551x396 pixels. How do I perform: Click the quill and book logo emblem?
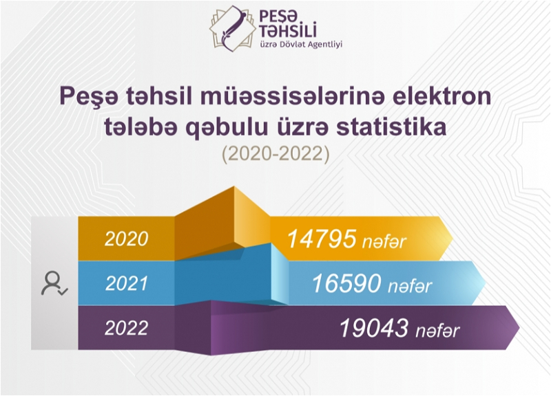pyautogui.click(x=233, y=29)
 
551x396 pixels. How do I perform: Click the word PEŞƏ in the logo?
pyautogui.click(x=278, y=15)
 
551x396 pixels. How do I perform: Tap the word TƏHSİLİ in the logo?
pyautogui.click(x=288, y=30)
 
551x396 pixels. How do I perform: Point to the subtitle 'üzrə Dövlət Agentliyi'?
pyautogui.click(x=301, y=45)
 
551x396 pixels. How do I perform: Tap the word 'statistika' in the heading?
pyautogui.click(x=391, y=126)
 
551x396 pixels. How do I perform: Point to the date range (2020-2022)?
pyautogui.click(x=275, y=154)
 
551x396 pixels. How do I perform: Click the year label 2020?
pyautogui.click(x=127, y=239)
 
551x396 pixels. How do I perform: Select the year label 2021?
pyautogui.click(x=127, y=283)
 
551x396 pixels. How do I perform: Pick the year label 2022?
pyautogui.click(x=127, y=329)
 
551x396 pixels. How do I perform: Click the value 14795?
pyautogui.click(x=322, y=239)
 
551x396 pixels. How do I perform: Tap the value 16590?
pyautogui.click(x=346, y=284)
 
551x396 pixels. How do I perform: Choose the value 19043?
pyautogui.click(x=374, y=329)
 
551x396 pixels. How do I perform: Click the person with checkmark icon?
pyautogui.click(x=54, y=283)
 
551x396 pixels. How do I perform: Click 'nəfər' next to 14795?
pyautogui.click(x=384, y=242)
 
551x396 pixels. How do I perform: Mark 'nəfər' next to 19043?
pyautogui.click(x=437, y=331)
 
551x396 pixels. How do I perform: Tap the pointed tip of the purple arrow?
pyautogui.click(x=519, y=328)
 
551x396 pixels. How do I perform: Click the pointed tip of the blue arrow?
pyautogui.click(x=486, y=283)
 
